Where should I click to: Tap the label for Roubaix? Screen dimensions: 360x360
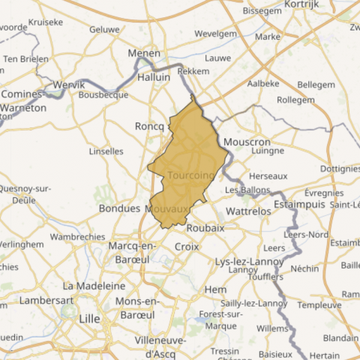[x=205, y=228]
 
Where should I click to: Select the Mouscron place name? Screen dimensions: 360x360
[x=247, y=142]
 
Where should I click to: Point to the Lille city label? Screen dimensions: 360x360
[x=89, y=319]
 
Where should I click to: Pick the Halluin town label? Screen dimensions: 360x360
[x=156, y=76]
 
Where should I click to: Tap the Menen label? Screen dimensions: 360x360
[x=144, y=54]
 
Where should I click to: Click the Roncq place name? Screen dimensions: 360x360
[x=149, y=126]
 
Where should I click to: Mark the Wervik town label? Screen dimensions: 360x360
[x=70, y=85]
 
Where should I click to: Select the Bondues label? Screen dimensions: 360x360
[x=120, y=208]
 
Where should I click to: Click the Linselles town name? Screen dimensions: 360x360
[x=106, y=151]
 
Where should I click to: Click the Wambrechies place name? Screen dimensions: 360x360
[x=77, y=236]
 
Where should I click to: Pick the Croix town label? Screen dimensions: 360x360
[x=186, y=246]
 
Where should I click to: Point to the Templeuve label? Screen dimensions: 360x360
[x=319, y=305]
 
